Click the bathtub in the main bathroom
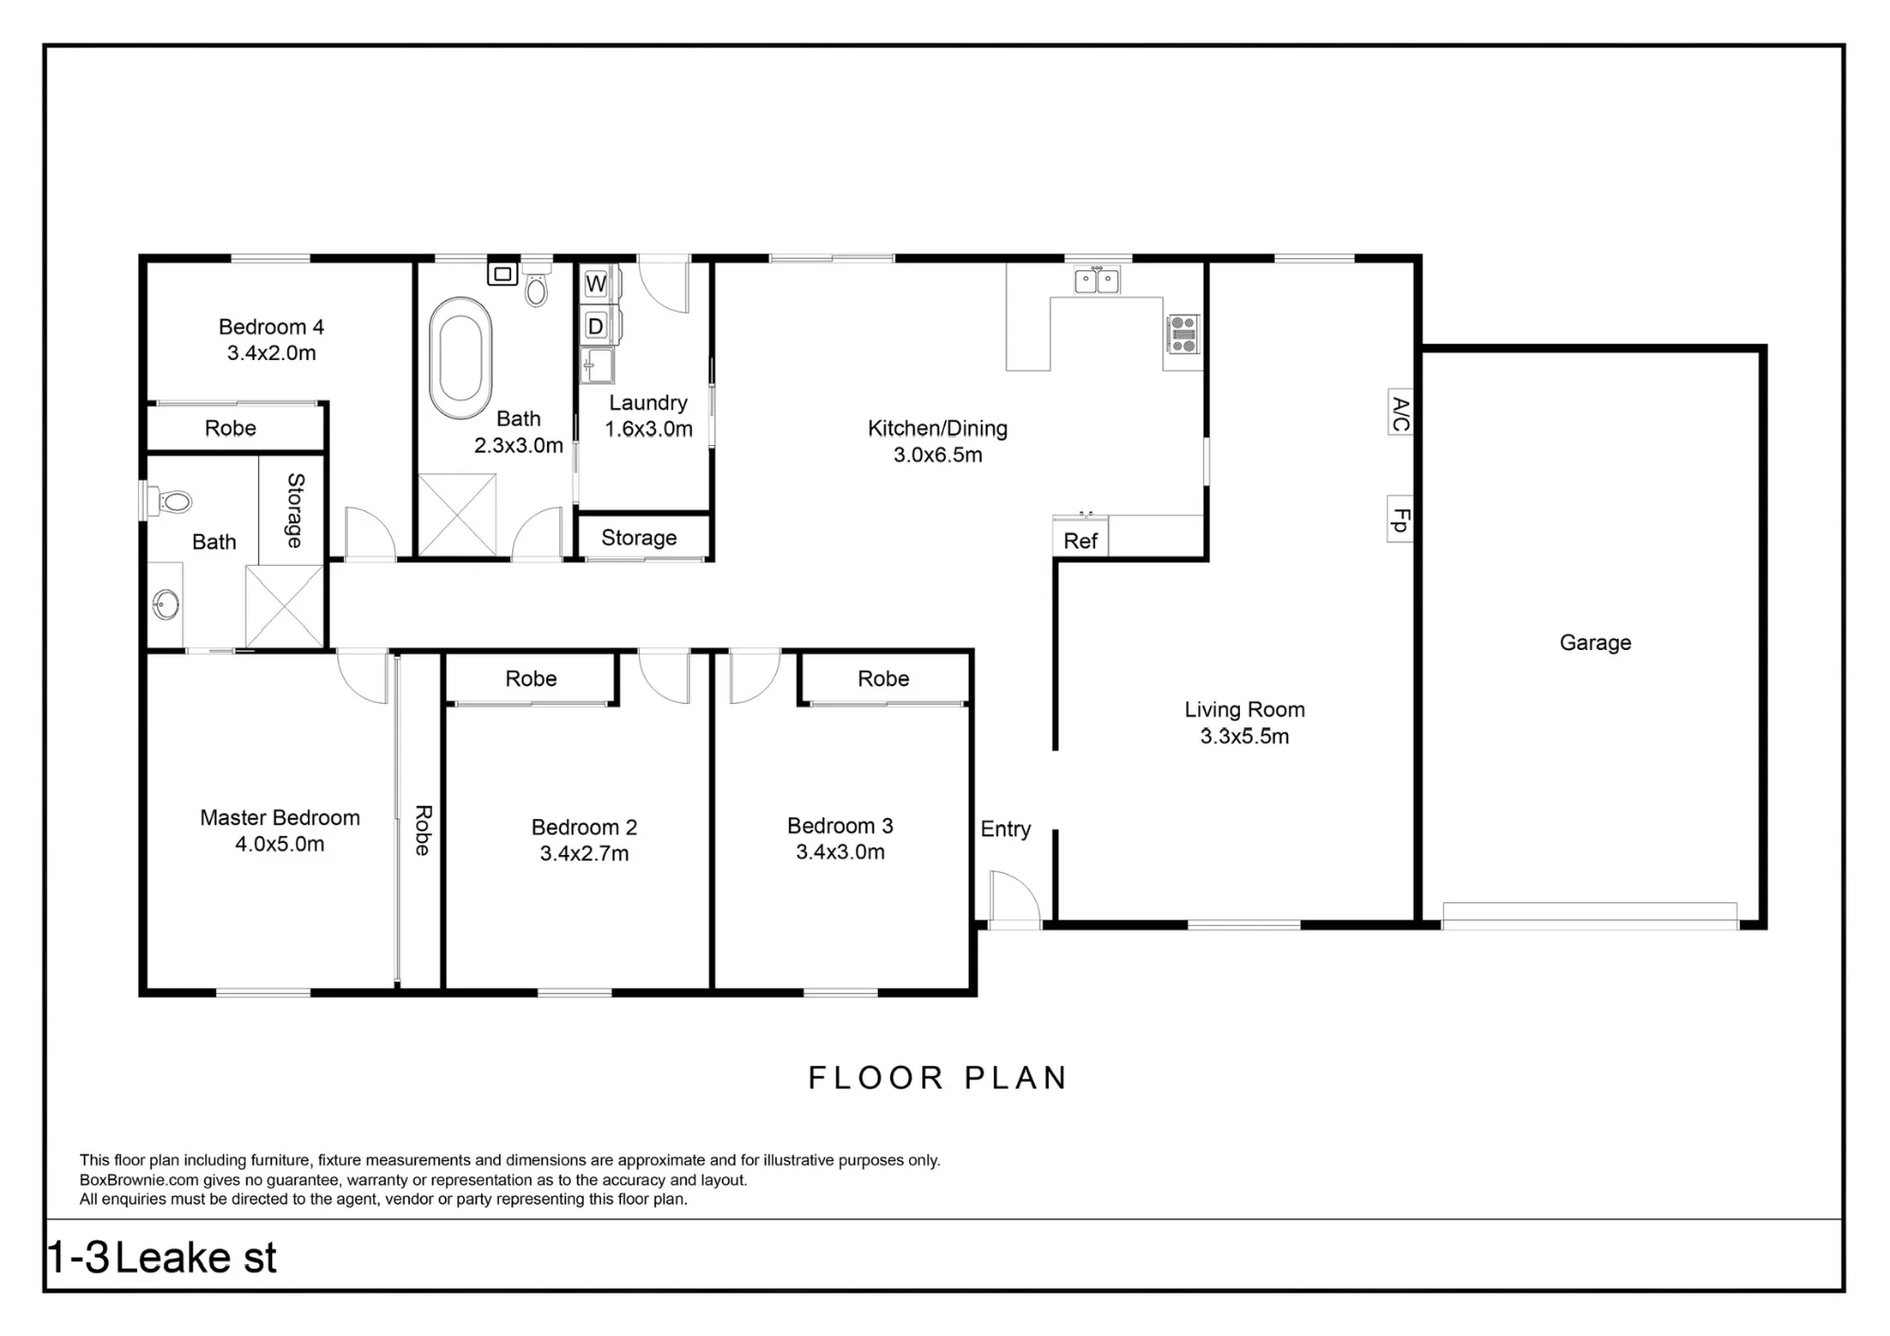pyautogui.click(x=461, y=358)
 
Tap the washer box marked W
pyautogui.click(x=595, y=283)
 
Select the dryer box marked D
pyautogui.click(x=595, y=326)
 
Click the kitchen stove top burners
pyautogui.click(x=1183, y=334)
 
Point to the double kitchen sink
pyautogui.click(x=1096, y=280)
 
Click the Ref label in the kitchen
pyautogui.click(x=1080, y=540)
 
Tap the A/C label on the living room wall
pyautogui.click(x=1400, y=413)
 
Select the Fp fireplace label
pyautogui.click(x=1400, y=520)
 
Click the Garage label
pyautogui.click(x=1595, y=642)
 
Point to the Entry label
pyautogui.click(x=1005, y=829)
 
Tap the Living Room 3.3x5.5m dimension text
pyautogui.click(x=1245, y=736)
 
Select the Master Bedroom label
pyautogui.click(x=280, y=817)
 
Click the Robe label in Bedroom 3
pyautogui.click(x=884, y=678)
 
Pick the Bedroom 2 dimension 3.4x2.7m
pyautogui.click(x=584, y=853)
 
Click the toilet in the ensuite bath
pyautogui.click(x=169, y=501)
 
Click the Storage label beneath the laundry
pyautogui.click(x=639, y=538)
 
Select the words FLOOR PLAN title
pyautogui.click(x=937, y=1078)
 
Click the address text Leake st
pyautogui.click(x=196, y=1258)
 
